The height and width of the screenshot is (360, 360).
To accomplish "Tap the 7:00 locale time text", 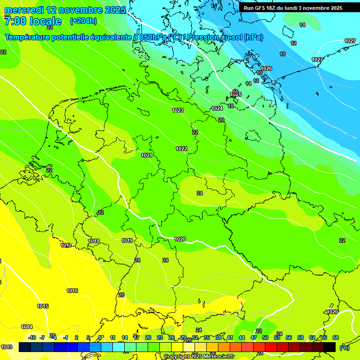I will (x=32, y=21).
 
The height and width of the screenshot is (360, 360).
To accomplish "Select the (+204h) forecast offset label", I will (x=83, y=21).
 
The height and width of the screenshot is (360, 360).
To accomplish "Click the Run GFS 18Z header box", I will (x=293, y=7).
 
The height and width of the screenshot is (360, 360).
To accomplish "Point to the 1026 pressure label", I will (x=266, y=68).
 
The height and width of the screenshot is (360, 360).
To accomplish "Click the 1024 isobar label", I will (x=217, y=108).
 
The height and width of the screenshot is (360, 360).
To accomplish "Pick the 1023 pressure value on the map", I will (x=178, y=110).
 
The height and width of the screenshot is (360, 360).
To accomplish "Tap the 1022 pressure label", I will (x=181, y=149).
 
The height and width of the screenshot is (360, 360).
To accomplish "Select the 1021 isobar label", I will (x=147, y=155).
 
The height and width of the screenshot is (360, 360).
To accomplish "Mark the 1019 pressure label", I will (x=127, y=240).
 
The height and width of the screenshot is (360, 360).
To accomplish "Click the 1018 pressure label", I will (x=94, y=241).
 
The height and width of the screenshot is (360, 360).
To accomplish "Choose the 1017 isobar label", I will (x=66, y=245).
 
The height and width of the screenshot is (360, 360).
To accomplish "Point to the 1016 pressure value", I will (x=72, y=291).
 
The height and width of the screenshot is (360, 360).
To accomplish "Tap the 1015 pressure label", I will (x=43, y=306).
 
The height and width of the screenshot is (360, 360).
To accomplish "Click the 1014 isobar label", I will (x=27, y=327).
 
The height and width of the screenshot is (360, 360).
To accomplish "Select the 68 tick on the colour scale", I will (x=336, y=337).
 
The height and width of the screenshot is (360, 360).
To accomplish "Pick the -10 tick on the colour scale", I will (x=32, y=337).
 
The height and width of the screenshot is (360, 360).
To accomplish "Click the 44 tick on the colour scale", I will (x=242, y=337).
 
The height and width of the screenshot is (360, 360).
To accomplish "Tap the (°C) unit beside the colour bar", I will (x=345, y=347).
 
